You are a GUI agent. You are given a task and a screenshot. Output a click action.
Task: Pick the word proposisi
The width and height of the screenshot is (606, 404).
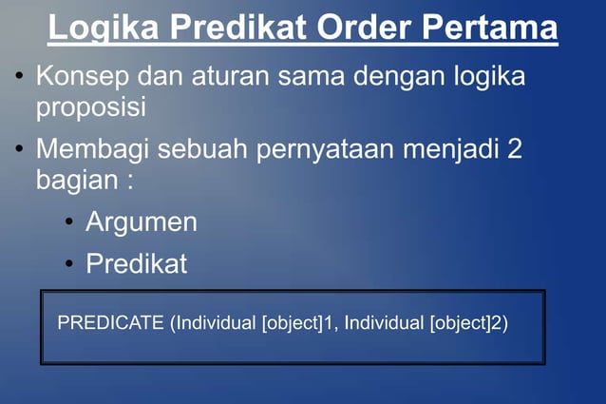[91, 106]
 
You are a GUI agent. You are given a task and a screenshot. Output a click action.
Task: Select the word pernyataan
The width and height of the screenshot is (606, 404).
[331, 149]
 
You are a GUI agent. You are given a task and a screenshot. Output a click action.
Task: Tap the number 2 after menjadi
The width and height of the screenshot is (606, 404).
[515, 149]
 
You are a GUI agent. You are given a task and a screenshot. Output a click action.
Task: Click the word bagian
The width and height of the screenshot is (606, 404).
[78, 180]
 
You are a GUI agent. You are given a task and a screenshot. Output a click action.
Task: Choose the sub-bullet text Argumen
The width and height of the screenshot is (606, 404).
[142, 222]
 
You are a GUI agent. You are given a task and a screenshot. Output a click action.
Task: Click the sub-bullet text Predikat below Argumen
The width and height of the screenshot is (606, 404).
[137, 263]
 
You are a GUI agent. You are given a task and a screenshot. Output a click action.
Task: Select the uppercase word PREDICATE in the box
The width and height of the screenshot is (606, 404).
[110, 323]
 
